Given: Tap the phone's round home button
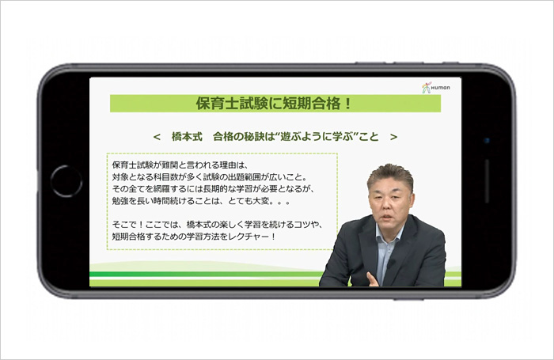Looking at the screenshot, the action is coord(66,181).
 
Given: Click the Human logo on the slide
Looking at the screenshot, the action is coord(436,88).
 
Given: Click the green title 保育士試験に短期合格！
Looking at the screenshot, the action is coord(274,104).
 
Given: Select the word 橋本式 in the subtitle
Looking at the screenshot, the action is coord(187,137).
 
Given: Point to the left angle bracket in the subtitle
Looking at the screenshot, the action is coord(157,137).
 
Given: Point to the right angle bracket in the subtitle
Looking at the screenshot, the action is coord(393,137).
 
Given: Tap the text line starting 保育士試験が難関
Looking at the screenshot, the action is coord(180,165).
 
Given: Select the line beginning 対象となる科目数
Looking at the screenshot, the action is coord(210,177).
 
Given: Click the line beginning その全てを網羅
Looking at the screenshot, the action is coord(213,189).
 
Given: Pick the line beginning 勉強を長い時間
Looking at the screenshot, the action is coord(201,201).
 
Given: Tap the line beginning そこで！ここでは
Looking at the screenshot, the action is coord(217,225).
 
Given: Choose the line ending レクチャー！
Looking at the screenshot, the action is coord(194,237).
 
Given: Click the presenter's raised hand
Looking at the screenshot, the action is coord(373,279).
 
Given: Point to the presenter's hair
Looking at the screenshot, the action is coord(390,175).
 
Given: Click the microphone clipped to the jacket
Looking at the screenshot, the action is coord(390,263).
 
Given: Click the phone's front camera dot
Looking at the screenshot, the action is coord(487,141).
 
